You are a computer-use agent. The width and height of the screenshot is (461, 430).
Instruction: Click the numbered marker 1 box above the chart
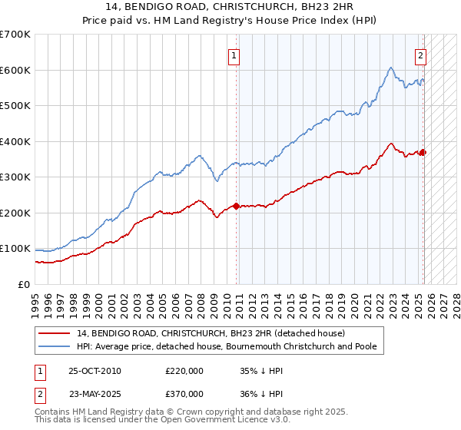coord(233,55)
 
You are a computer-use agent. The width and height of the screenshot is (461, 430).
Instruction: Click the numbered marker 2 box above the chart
coord(421,55)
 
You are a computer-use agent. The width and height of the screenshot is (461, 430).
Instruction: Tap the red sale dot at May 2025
coord(423,152)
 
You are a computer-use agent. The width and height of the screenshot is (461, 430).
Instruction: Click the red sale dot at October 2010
coord(236,206)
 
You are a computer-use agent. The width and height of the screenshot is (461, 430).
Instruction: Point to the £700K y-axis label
coord(15,35)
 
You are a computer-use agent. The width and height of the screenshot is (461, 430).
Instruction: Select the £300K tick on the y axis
coord(15,177)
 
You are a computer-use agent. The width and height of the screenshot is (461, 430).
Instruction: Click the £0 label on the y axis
coord(24,284)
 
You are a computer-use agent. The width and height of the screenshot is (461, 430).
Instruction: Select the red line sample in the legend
coord(54,333)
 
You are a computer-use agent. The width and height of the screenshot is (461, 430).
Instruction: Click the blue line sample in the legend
coord(54,346)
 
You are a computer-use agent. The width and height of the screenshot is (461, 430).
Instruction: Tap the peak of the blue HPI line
coord(391,68)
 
